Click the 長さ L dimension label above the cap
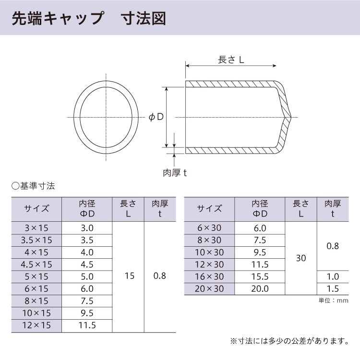coord(231,60)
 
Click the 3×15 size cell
coord(37,228)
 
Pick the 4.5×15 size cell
coord(37,264)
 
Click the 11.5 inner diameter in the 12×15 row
coord(87,325)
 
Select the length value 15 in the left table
coord(128,276)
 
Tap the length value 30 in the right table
coord(301,258)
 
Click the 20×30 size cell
coord(210,288)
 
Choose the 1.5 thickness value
coord(333,288)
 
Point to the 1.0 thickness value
coord(333,276)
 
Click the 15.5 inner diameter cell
coord(260,276)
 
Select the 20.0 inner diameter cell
coord(260,288)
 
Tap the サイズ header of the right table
coord(210,208)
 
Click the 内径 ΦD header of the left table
coord(87,208)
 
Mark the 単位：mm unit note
coord(333,301)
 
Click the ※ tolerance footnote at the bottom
coord(289,341)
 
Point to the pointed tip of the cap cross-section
coord(291,117)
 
